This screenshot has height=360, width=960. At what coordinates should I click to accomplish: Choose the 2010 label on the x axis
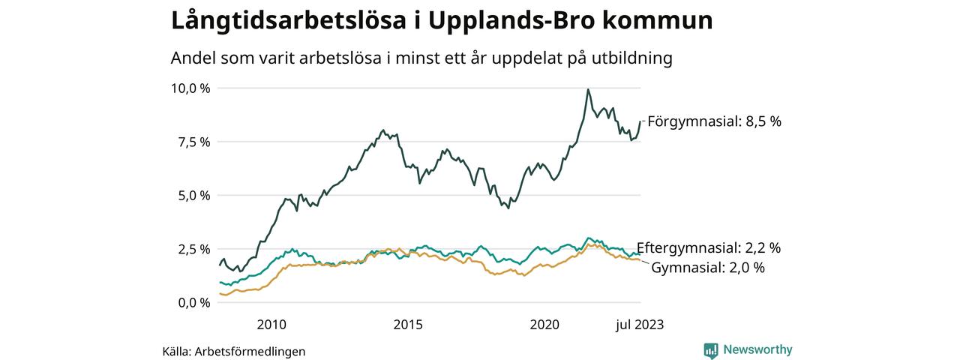(x=271, y=325)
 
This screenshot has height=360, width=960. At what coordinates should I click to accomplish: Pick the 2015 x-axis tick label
(x=408, y=325)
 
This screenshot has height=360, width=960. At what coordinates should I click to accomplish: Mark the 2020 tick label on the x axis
(x=545, y=325)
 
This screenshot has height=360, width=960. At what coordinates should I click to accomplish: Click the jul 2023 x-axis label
(x=640, y=325)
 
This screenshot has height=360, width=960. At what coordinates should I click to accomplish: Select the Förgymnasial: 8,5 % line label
(x=714, y=121)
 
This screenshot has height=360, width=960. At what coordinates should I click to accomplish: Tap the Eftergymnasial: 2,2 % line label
(x=709, y=248)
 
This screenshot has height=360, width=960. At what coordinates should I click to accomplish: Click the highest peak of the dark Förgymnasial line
(x=588, y=90)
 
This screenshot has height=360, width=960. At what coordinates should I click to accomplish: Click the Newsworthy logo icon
(x=711, y=349)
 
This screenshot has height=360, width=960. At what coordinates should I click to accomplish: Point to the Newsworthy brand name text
(x=757, y=349)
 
